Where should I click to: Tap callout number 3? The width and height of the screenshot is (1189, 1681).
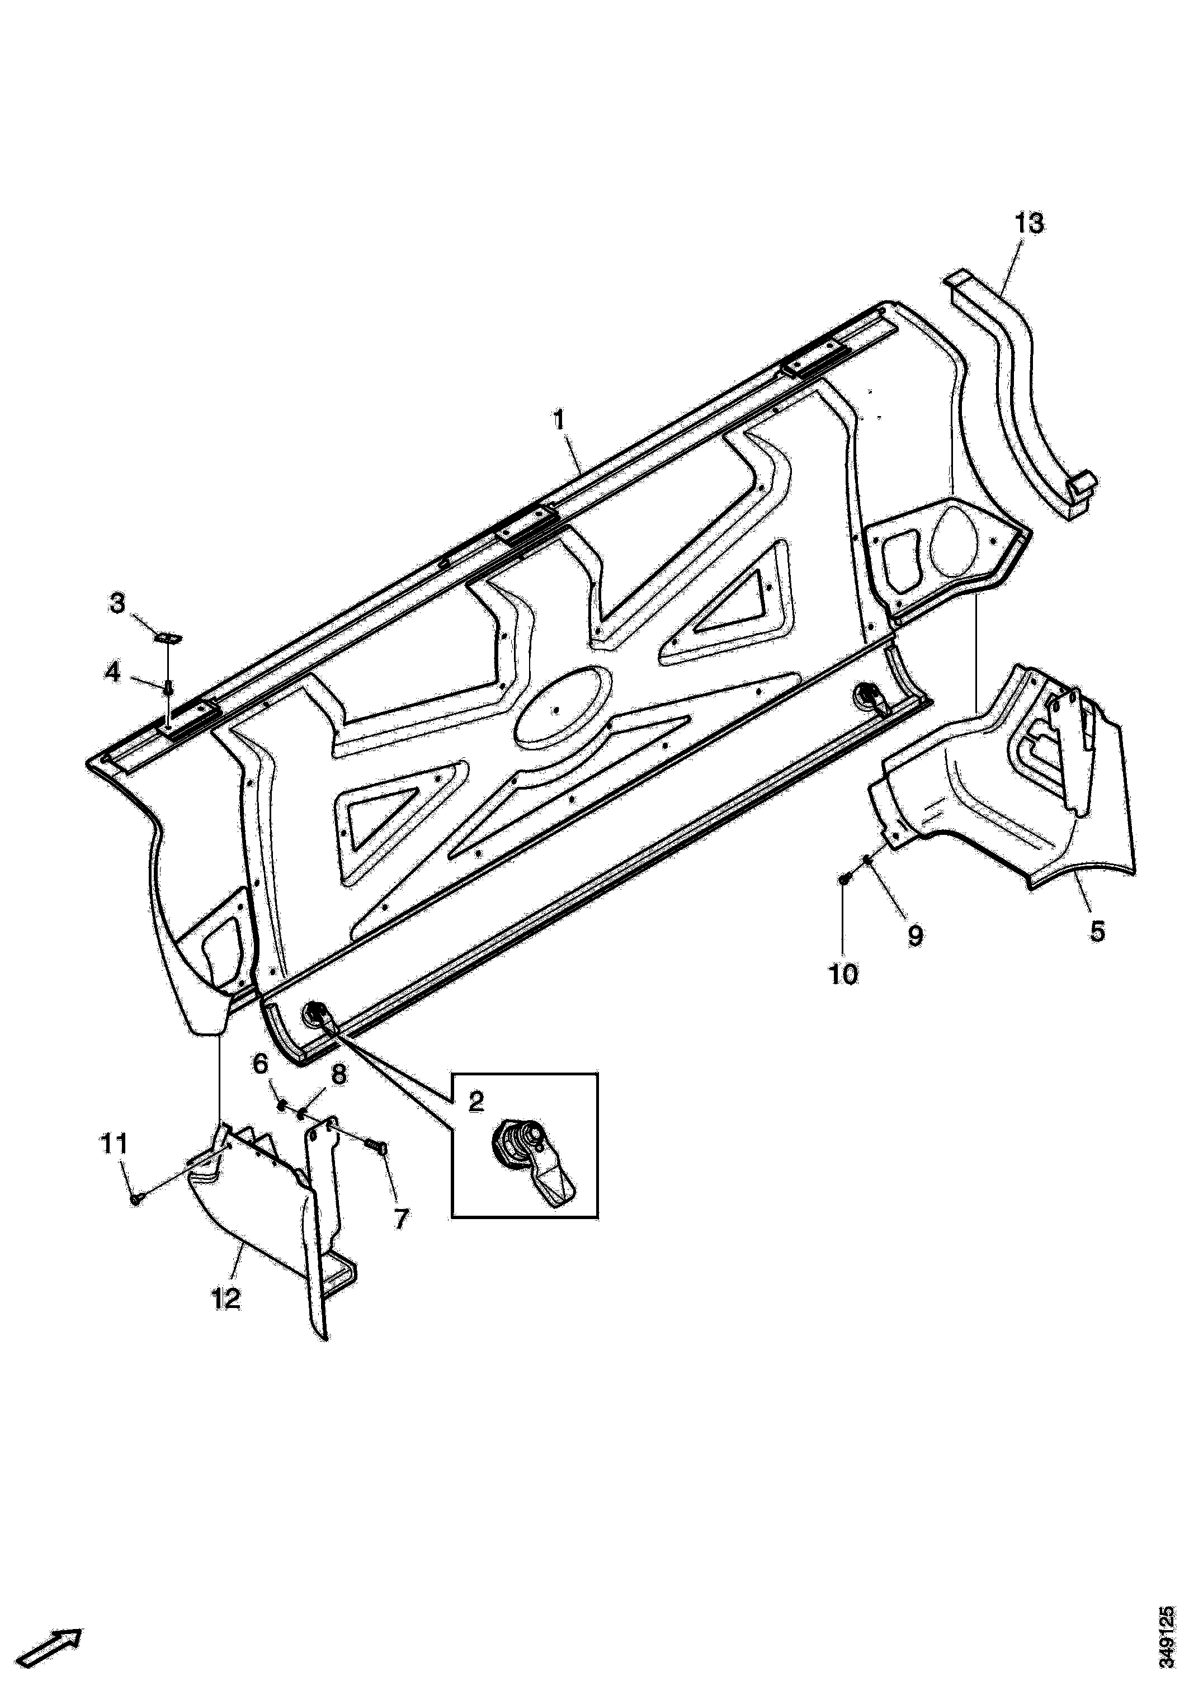point(117,604)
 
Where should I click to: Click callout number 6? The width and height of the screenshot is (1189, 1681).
point(261,1064)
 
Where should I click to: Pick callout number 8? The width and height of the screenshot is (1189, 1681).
point(338,1075)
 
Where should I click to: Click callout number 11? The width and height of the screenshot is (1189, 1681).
point(114,1143)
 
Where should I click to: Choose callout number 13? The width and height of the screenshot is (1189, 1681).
point(1030,223)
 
